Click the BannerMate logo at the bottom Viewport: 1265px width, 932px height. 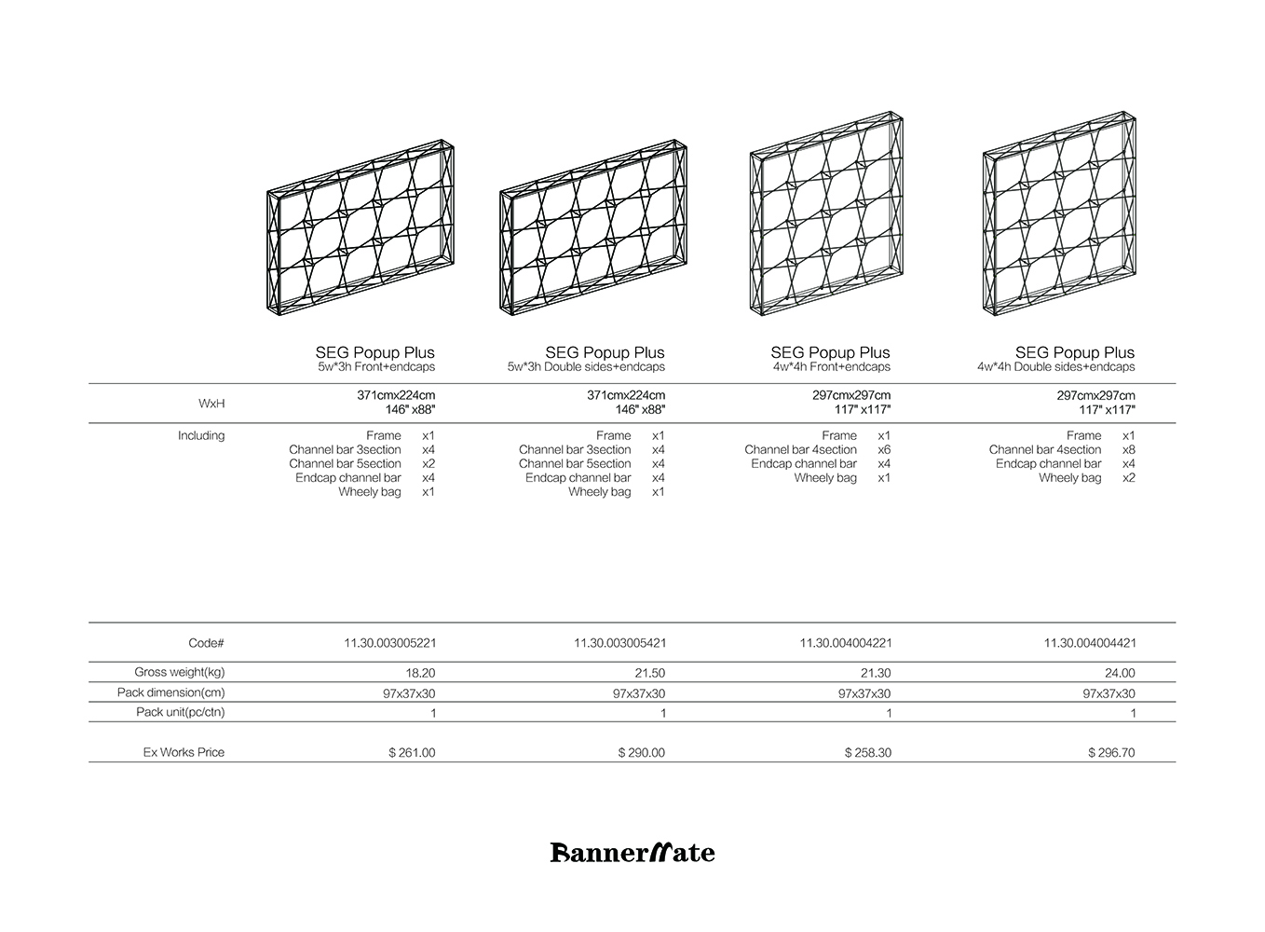coord(632,852)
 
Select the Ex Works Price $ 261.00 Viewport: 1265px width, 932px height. coord(412,752)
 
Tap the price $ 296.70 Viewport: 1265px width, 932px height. coord(1111,752)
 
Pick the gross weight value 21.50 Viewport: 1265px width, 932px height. coord(648,673)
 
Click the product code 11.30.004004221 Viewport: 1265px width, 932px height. coord(845,643)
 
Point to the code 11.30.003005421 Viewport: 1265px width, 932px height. coord(619,643)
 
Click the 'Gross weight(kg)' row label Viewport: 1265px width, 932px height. coord(180,672)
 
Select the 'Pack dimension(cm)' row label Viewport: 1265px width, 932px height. coord(171,692)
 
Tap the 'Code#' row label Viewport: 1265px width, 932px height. coord(206,643)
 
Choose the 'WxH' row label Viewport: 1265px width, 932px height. coord(211,404)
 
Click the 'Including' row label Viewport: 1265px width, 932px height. coord(201,435)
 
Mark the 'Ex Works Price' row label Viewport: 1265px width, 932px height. coord(184,752)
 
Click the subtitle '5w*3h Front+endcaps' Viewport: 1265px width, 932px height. coord(376,367)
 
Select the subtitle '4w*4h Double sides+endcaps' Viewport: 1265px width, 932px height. coord(1056,367)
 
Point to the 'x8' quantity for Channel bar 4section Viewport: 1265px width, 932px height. coord(1128,449)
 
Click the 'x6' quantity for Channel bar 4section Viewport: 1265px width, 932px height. coord(884,449)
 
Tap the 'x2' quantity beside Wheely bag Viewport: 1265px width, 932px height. coord(1128,478)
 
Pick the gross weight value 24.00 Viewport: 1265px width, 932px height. coord(1120,673)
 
